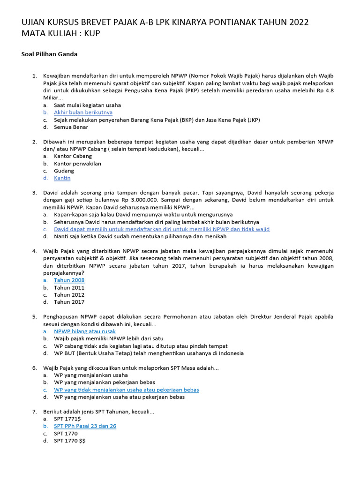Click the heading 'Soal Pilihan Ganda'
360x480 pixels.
tap(49, 54)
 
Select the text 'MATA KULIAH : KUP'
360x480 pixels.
tap(60, 34)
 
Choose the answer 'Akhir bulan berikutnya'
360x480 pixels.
tap(83, 112)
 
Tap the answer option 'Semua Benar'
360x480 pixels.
tap(70, 127)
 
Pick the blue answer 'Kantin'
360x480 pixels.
tap(62, 178)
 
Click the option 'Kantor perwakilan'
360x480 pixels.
tap(77, 164)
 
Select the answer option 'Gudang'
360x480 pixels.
tap(64, 171)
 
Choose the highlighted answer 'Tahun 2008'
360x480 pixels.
tap(69, 280)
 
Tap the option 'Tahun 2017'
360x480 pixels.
tap(69, 302)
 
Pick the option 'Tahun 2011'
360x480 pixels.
tap(69, 287)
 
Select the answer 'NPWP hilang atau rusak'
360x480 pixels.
tap(85, 331)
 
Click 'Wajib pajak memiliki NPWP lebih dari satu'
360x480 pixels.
tap(108, 338)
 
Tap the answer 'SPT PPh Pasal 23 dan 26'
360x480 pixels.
tap(85, 426)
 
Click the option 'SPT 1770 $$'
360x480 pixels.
tap(70, 441)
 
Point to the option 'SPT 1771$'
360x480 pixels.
tap(67, 419)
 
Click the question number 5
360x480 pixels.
tap(34, 317)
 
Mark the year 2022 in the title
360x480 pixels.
tap(297, 23)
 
